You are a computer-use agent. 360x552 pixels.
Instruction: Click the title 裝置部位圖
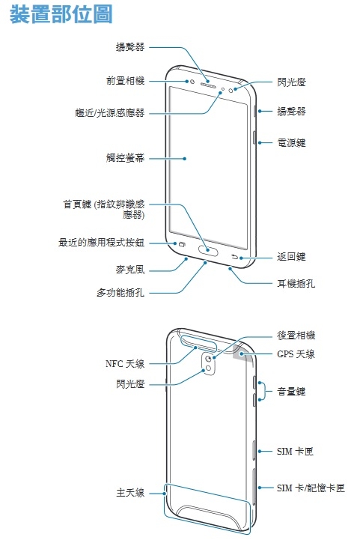coord(61,14)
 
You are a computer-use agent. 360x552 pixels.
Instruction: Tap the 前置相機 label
coord(125,81)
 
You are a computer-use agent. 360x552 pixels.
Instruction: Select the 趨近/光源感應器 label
coord(110,112)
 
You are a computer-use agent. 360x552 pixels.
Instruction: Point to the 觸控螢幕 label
coord(125,158)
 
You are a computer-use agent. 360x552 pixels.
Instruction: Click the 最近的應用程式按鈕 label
coord(101,242)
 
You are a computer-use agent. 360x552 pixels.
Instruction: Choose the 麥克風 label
coord(130,270)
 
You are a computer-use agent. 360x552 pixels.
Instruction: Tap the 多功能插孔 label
coord(120,292)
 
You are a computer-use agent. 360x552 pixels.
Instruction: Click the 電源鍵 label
coord(291,142)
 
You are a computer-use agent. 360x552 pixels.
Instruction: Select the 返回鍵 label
coord(291,257)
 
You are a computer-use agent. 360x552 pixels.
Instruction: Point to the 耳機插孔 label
coord(296,283)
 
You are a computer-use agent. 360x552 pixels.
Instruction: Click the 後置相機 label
coord(296,335)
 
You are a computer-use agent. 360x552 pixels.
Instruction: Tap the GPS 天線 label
coord(296,354)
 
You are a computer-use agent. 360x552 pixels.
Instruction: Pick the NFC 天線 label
coord(125,363)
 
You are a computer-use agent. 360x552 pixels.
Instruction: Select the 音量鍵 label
coord(291,391)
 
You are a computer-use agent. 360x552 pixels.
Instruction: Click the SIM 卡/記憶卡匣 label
coord(311,488)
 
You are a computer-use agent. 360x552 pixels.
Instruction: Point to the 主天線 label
coord(130,493)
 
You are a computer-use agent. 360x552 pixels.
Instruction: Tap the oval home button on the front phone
coord(208,251)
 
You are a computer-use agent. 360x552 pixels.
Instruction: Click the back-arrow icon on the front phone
coord(235,257)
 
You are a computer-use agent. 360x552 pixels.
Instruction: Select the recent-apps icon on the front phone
coord(182,244)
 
